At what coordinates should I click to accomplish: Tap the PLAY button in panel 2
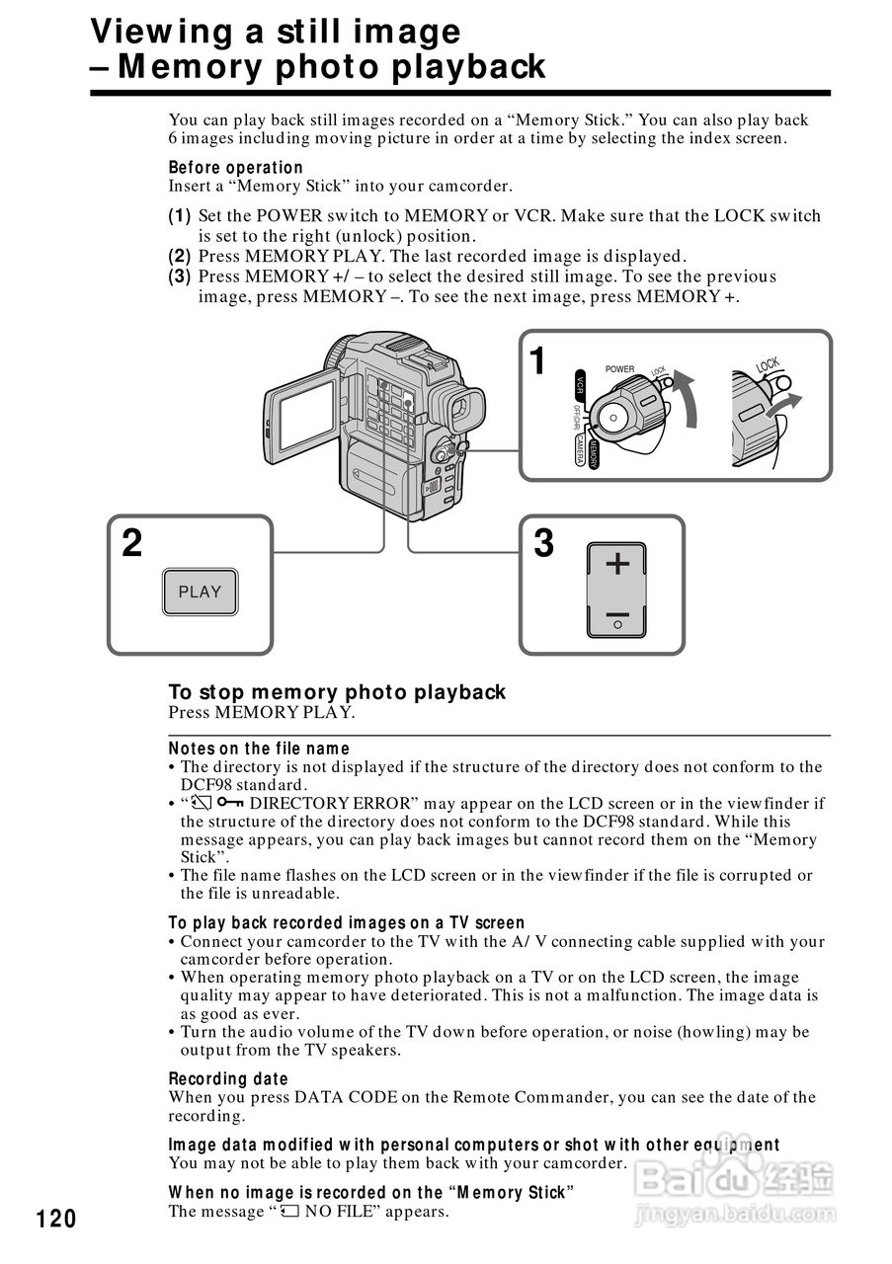[200, 592]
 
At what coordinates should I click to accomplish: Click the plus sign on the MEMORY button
[617, 564]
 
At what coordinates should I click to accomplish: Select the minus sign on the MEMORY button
[617, 613]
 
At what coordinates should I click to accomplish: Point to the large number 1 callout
[537, 361]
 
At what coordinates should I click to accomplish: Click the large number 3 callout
[543, 544]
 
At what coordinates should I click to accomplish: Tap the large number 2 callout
[131, 544]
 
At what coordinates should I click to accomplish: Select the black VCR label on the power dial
[580, 384]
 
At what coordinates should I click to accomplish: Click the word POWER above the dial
[619, 369]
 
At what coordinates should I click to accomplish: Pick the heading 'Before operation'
[235, 167]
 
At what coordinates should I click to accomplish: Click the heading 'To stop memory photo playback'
[337, 691]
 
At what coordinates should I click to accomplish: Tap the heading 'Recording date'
[228, 1078]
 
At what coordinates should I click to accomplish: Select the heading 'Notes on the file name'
[259, 749]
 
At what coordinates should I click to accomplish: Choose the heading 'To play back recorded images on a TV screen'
[347, 923]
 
